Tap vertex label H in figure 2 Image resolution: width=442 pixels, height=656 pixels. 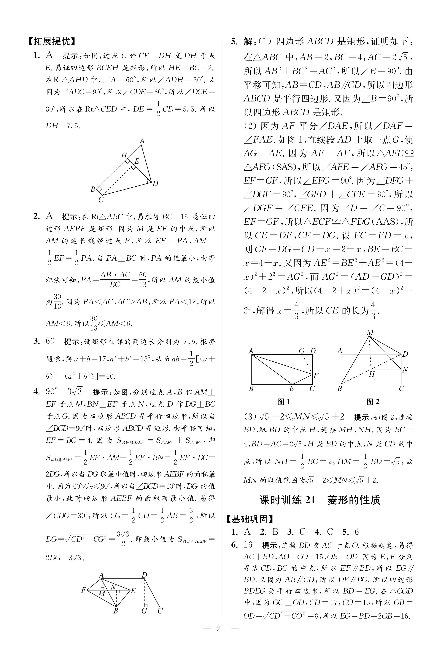point(372,374)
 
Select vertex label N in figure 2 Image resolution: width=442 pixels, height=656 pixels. point(405,370)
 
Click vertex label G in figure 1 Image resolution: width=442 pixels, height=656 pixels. point(302,351)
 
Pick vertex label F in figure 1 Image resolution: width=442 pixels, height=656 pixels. point(316,375)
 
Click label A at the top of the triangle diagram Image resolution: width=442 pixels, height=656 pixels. point(142,141)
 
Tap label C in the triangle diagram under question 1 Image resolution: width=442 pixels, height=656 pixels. point(101,200)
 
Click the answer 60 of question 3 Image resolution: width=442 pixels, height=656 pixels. point(50,341)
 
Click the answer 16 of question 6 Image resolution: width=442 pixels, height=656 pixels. point(248,545)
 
